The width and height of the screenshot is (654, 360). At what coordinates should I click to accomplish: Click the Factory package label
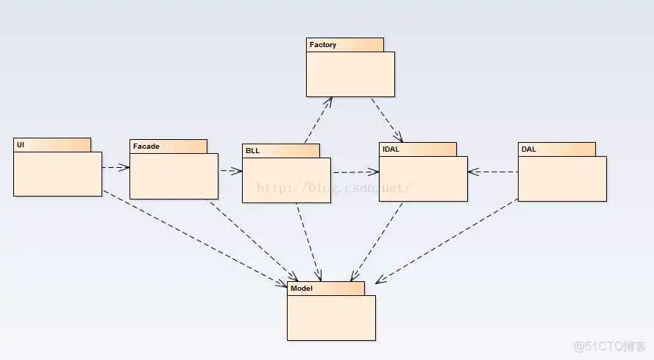(323, 45)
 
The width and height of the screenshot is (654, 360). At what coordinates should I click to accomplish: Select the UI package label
(21, 145)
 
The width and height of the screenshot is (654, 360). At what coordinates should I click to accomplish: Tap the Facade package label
(146, 147)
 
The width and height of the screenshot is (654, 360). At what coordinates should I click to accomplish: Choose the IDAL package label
(391, 149)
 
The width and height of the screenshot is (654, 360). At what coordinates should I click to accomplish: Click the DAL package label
(528, 149)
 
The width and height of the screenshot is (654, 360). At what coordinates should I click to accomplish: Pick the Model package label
(302, 289)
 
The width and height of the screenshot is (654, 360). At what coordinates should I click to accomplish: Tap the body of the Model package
(331, 317)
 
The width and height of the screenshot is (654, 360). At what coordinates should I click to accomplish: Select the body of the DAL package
(562, 178)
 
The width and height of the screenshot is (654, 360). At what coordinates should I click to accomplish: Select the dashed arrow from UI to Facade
(115, 168)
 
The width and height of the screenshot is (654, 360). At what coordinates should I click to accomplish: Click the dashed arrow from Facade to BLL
(230, 171)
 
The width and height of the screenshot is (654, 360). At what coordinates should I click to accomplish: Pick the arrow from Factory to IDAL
(387, 119)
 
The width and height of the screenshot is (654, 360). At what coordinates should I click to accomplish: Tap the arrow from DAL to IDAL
(493, 172)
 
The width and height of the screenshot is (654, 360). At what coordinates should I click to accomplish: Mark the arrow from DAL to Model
(449, 241)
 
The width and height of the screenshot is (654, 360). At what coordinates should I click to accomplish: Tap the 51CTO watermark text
(610, 346)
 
